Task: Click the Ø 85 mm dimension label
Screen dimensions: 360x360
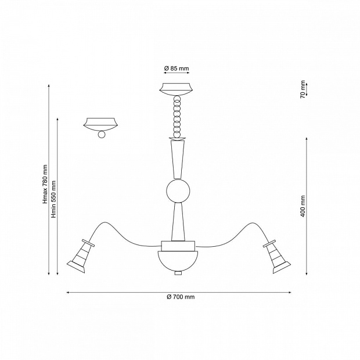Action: click(x=177, y=69)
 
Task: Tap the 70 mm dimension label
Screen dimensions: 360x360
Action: click(x=303, y=89)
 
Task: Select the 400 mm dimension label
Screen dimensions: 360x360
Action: click(x=303, y=206)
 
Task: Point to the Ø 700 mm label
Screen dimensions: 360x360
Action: click(x=181, y=297)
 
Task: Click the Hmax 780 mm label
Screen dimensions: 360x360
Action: click(x=45, y=184)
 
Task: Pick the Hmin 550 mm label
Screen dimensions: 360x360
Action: click(x=53, y=199)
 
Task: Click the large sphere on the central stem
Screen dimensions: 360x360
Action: click(x=178, y=191)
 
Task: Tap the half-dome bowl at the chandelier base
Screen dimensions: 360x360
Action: click(x=178, y=261)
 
